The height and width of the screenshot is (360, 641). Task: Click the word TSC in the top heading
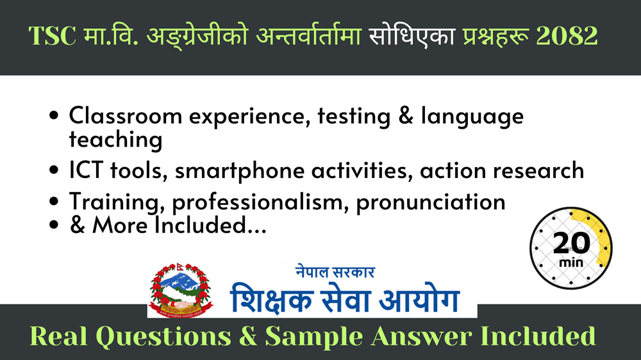tap(53, 35)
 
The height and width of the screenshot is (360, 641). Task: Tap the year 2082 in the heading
tap(567, 35)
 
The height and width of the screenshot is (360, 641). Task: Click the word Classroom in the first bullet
tap(126, 116)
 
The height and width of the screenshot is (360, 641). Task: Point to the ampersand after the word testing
tap(406, 116)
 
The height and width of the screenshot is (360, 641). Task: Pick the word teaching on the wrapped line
tap(115, 140)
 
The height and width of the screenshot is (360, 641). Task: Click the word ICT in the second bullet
tap(86, 170)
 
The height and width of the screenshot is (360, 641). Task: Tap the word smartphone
tap(240, 171)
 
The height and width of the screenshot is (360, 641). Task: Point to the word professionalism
tap(258, 202)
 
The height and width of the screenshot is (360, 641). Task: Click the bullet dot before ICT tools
tap(54, 170)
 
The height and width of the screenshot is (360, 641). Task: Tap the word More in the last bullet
tap(120, 225)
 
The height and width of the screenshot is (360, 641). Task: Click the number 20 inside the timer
tap(572, 243)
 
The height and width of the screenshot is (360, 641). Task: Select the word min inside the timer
tap(571, 262)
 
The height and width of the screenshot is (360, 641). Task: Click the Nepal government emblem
tap(181, 290)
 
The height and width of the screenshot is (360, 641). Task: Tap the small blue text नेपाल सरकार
tap(335, 272)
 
